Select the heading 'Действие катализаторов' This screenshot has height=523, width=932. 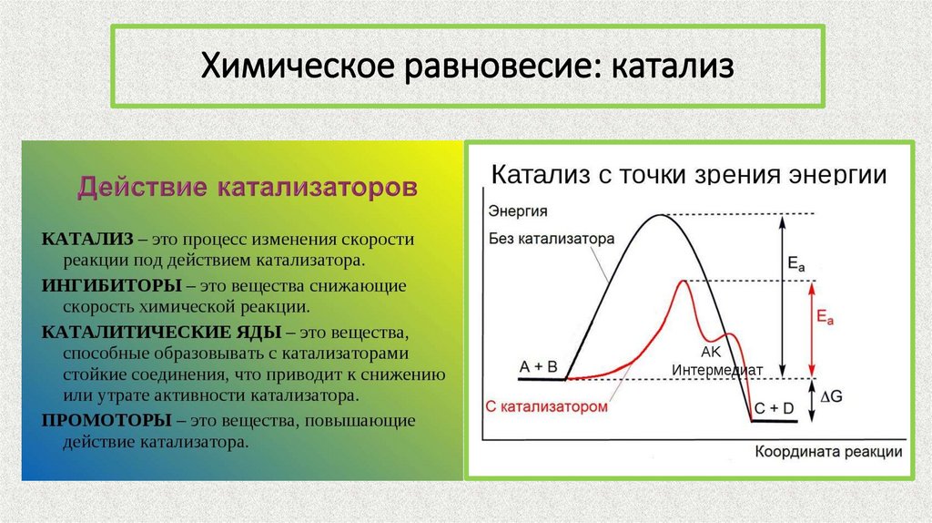coord(248,189)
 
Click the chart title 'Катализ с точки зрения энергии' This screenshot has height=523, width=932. coord(689,174)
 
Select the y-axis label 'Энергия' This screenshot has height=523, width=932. coord(518,211)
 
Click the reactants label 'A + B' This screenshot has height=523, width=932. coord(538,365)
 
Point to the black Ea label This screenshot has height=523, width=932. coord(796,263)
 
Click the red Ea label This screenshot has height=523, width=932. coord(826,318)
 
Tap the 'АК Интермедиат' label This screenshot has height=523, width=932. coord(716,361)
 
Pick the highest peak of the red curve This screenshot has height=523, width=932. coord(682,282)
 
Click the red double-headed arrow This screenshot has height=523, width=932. coord(810,329)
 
